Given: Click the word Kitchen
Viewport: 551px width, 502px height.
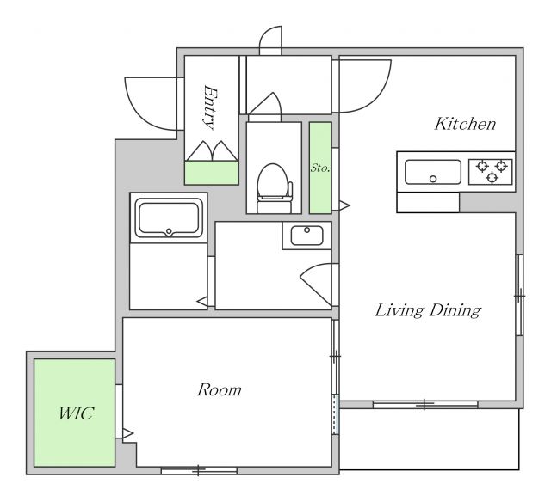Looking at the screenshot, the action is (465, 124).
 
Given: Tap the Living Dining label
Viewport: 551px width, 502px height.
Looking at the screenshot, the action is (428, 310).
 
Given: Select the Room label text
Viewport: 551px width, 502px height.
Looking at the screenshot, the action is (220, 389).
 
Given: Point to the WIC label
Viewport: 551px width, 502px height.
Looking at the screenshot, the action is (76, 413).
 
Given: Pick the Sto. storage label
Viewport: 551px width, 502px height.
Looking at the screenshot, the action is (320, 168).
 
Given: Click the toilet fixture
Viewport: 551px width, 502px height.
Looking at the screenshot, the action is (275, 188).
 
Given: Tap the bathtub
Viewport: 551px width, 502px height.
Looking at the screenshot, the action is (169, 217).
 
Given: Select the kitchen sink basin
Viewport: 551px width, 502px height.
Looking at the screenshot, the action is (432, 172).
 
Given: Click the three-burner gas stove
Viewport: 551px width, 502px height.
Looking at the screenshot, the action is (491, 172).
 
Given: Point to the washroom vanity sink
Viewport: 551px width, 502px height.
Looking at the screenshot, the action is (306, 236).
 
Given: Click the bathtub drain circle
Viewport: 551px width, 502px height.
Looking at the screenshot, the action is (169, 231).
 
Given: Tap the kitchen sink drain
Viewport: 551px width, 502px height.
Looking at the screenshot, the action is (433, 179).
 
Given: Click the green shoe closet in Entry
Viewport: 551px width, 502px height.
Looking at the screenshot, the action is (212, 173).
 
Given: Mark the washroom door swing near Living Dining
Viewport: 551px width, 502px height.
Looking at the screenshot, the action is (316, 285).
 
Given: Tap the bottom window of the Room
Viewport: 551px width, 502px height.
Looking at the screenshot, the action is (199, 470).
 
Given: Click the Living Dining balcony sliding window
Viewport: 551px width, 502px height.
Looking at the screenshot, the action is (424, 405).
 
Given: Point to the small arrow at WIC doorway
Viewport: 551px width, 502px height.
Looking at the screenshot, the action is (128, 434).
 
